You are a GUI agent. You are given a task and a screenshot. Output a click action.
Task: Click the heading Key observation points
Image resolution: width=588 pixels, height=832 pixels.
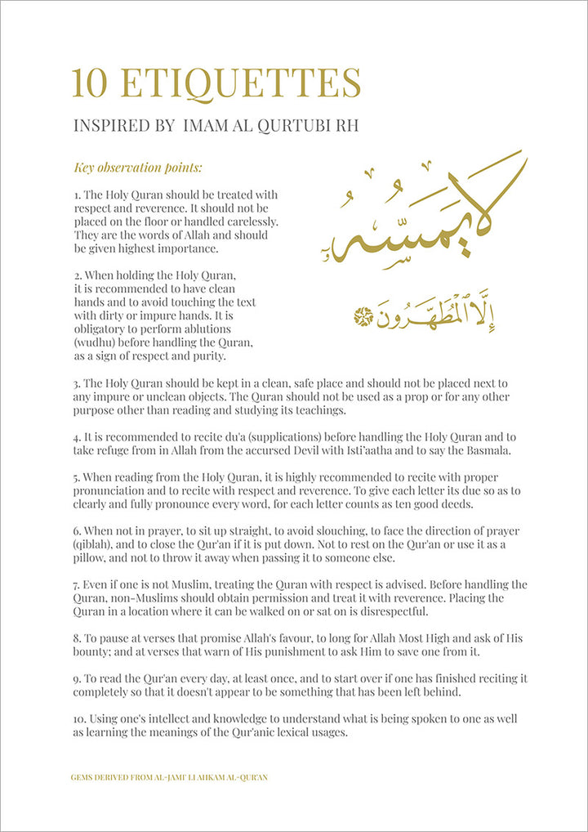[138, 168]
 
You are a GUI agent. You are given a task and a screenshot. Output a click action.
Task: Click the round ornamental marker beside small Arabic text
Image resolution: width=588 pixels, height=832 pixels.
[362, 315]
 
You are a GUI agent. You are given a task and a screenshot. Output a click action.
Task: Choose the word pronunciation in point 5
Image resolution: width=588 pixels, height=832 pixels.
[119, 490]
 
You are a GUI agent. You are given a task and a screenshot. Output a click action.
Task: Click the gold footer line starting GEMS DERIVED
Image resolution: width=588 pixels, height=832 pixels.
[169, 777]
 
